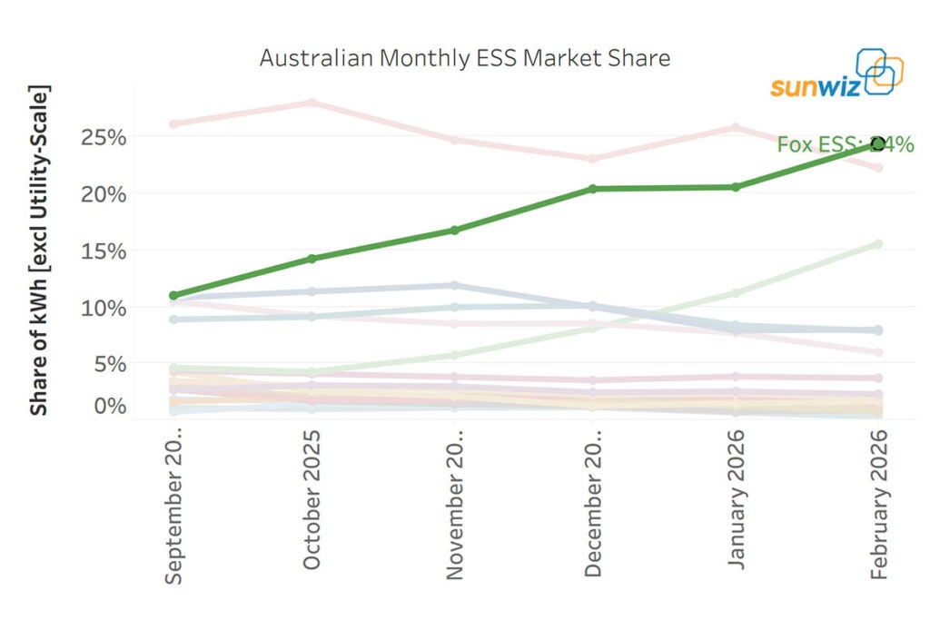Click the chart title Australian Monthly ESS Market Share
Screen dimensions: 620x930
[x=464, y=58]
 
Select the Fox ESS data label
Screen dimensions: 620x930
[x=845, y=144]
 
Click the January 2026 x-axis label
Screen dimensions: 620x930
[x=736, y=501]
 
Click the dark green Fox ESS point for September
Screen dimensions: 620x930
[x=173, y=296]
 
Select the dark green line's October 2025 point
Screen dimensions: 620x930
[x=312, y=259]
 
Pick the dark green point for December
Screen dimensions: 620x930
[x=593, y=189]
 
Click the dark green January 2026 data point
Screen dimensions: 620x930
[x=736, y=187]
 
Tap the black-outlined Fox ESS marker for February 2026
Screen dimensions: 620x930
[x=877, y=143]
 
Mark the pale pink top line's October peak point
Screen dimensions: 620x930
[x=312, y=103]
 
